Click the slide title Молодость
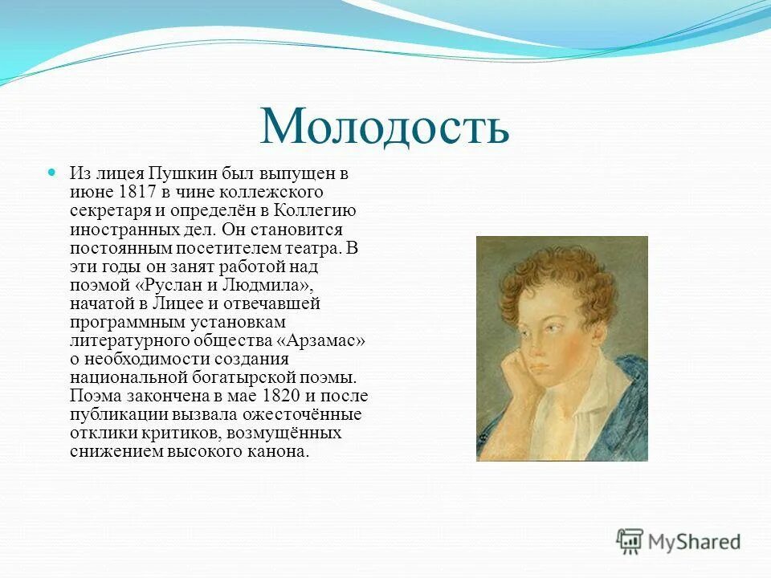[385, 126]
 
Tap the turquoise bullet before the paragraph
[52, 172]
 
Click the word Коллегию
[316, 210]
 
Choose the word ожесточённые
[312, 414]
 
